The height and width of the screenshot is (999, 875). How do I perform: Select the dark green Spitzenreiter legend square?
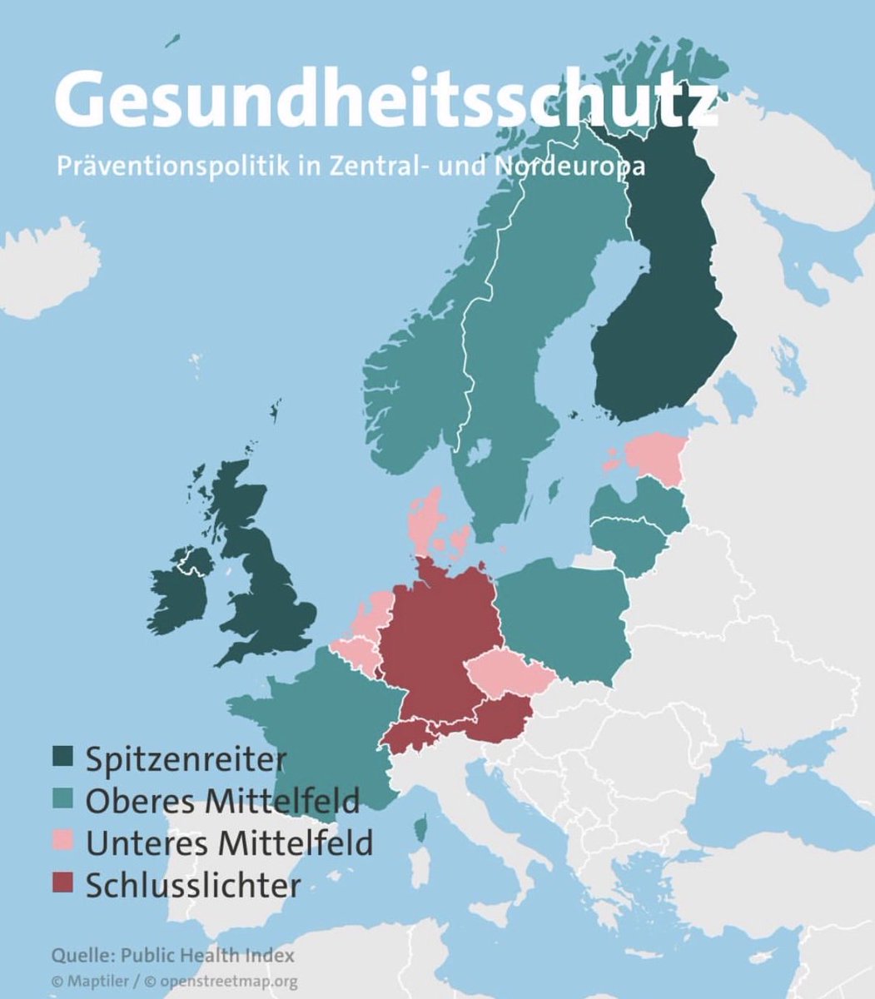pyautogui.click(x=63, y=758)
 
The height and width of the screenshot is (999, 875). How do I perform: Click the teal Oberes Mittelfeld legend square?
pyautogui.click(x=63, y=800)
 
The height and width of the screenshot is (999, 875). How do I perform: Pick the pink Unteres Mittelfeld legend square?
pyautogui.click(x=63, y=842)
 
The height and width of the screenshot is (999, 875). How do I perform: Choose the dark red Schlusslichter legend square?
pyautogui.click(x=63, y=884)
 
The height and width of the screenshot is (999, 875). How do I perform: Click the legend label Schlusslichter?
pyautogui.click(x=192, y=884)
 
